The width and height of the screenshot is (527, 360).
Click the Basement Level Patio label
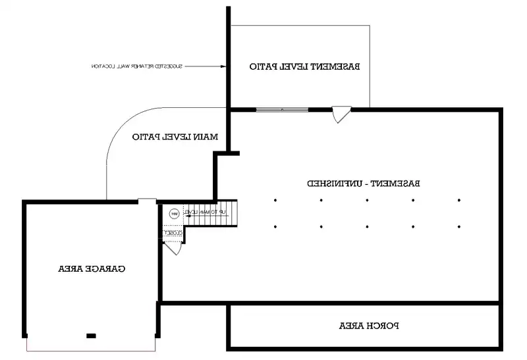coord(304,66)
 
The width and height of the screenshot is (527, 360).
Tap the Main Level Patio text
coord(175,137)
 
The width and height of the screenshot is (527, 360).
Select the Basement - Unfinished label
coord(364,183)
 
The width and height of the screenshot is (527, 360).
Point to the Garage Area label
coord(92,269)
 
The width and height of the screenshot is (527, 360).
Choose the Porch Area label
coord(370,325)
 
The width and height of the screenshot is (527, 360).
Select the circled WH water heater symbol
coord(174,213)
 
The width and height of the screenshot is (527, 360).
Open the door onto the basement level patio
coord(342,115)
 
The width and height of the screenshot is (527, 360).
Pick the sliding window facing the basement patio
coord(282,109)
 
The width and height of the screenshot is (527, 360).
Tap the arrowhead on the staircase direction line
coord(187,212)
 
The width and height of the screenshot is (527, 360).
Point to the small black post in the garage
coord(91,336)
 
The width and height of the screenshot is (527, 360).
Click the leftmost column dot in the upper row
coord(275,200)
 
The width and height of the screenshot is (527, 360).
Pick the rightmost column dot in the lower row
coord(458,227)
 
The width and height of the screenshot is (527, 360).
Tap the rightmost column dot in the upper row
coord(458,200)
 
